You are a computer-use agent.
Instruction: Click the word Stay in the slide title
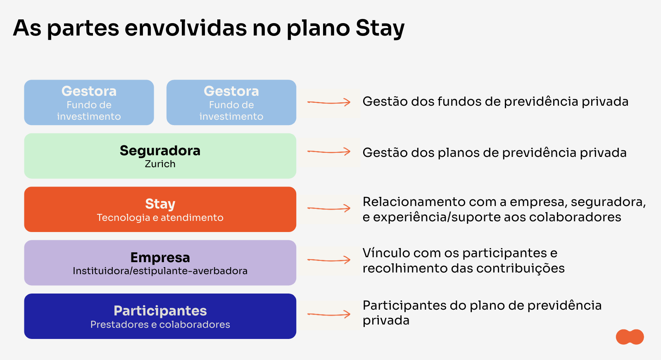coord(380,28)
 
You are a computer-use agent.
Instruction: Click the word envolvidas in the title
coord(185,28)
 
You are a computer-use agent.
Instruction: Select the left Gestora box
coord(89,103)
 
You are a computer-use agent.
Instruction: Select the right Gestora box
coord(231,103)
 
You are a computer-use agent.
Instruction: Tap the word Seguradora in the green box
coord(160,151)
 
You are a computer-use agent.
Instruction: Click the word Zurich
coord(160,164)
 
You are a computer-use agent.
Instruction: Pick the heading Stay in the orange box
coord(160,204)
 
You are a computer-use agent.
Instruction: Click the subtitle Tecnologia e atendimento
coord(160,218)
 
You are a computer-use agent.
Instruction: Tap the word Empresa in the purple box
coord(160,258)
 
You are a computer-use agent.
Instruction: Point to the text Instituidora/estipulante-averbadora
coord(160,271)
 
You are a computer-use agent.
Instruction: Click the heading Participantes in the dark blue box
coord(160,311)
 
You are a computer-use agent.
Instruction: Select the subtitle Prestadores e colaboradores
coord(160,324)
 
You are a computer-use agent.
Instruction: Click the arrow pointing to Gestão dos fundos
coord(329,103)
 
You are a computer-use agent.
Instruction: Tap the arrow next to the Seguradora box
coord(329,152)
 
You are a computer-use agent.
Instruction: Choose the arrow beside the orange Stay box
coord(329,208)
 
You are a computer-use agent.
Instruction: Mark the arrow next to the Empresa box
coord(329,260)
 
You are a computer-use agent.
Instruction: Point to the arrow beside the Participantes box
coord(329,314)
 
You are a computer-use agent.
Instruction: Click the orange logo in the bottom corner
coord(630,337)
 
